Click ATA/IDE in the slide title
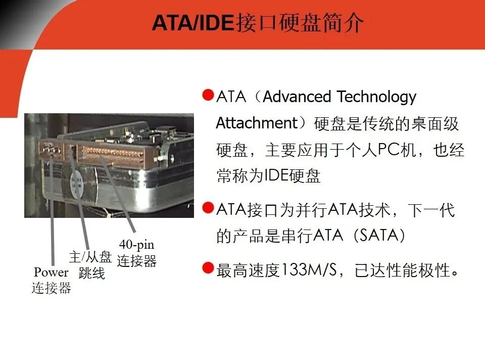192,23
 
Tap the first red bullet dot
208,95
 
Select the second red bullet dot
208,208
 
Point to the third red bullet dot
208,268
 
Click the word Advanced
297,97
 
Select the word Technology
376,97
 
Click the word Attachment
257,123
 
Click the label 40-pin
137,245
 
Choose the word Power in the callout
51,272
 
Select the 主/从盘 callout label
90,257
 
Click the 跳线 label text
92,273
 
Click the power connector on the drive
51,150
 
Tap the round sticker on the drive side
76,186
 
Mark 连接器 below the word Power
51,288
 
